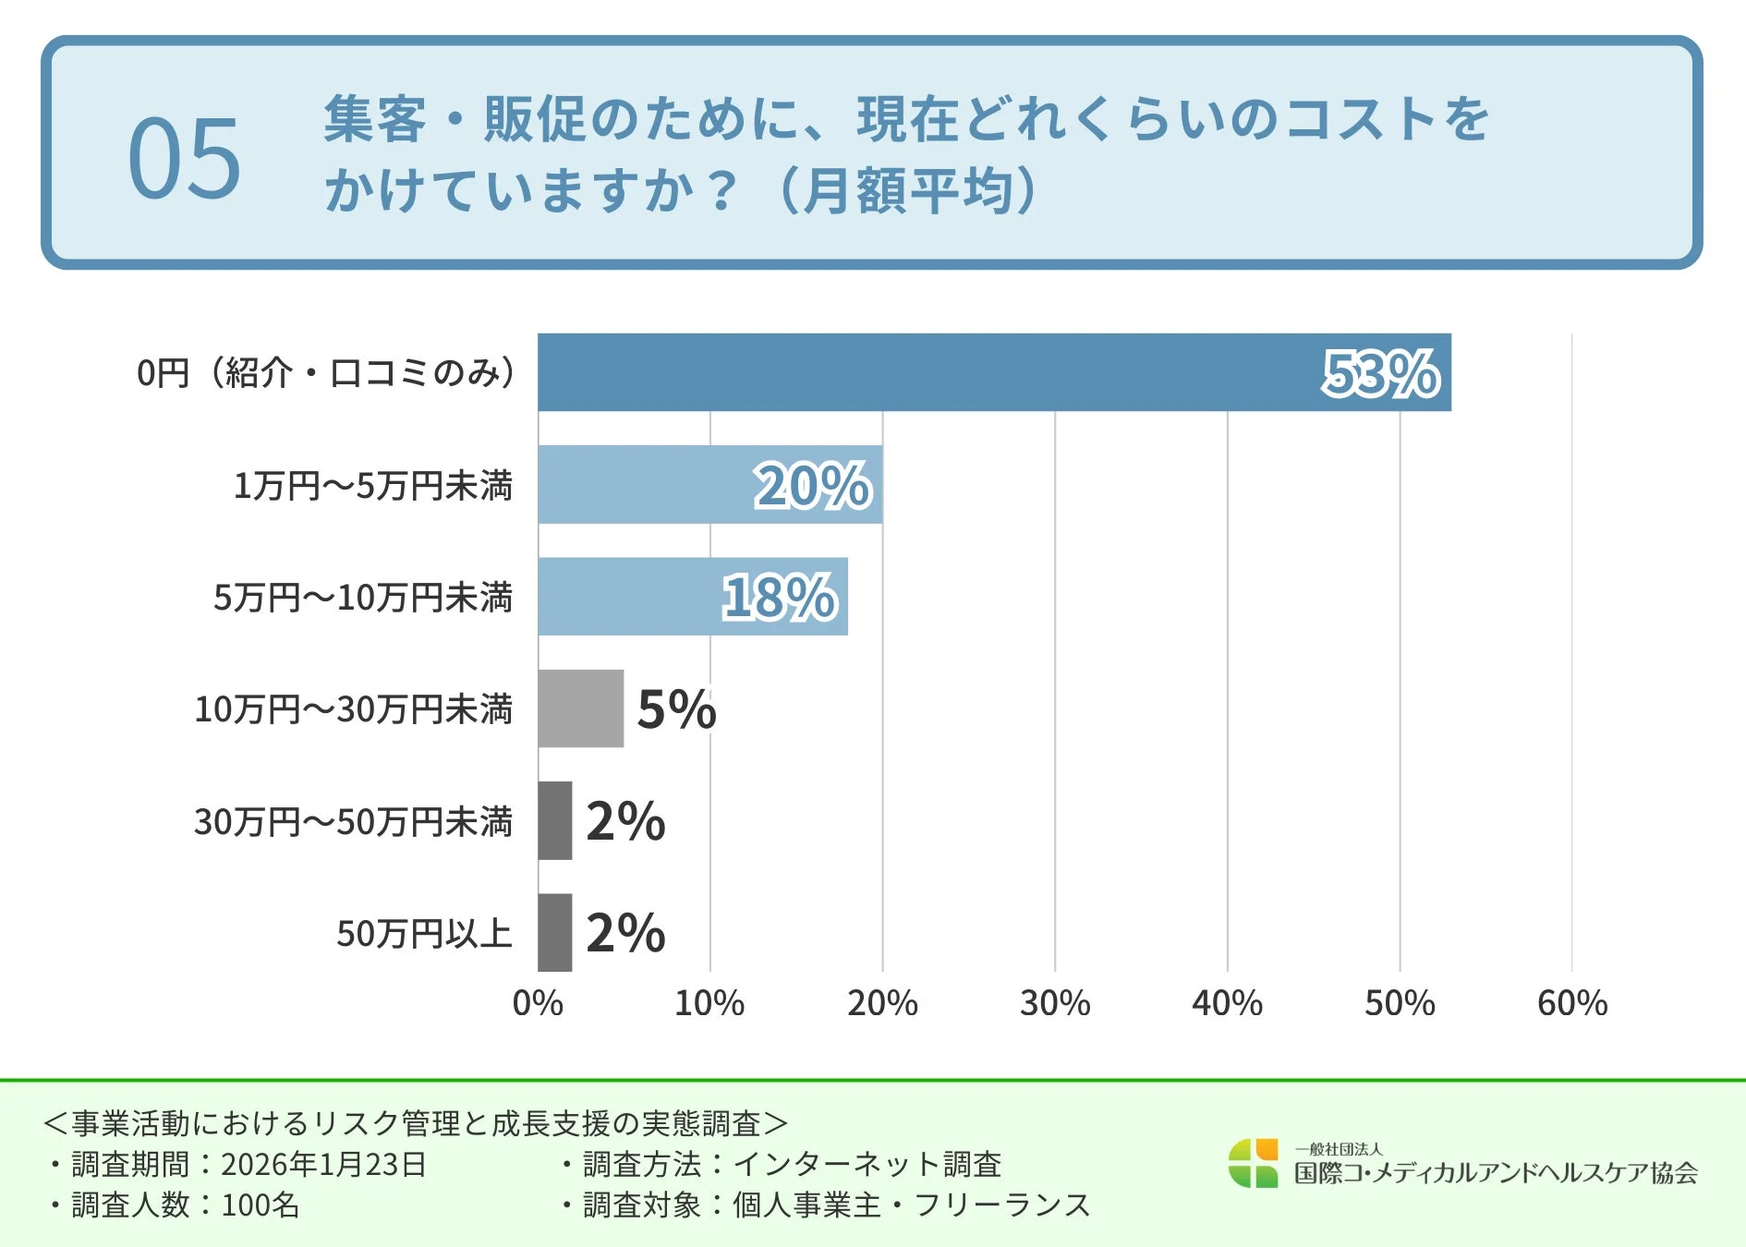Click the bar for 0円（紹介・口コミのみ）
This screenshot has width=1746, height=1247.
pyautogui.click(x=924, y=372)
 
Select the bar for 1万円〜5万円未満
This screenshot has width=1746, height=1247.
pyautogui.click(x=647, y=485)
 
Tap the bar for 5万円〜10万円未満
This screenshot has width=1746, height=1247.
pyautogui.click(x=628, y=597)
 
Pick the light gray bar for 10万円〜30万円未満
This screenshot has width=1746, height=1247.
pyautogui.click(x=580, y=708)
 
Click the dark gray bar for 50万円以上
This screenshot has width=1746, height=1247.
pyautogui.click(x=554, y=933)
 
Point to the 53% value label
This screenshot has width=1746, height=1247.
pyautogui.click(x=1380, y=373)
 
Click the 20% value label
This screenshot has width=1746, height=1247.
pyautogui.click(x=813, y=486)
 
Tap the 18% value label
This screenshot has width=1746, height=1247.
pyautogui.click(x=780, y=598)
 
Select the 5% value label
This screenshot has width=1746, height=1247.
pyautogui.click(x=676, y=709)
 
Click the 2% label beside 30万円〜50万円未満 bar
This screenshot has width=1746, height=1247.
pyautogui.click(x=625, y=821)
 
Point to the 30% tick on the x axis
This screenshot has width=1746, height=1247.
pyautogui.click(x=1054, y=1003)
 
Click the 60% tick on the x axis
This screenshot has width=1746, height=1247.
pyautogui.click(x=1571, y=1003)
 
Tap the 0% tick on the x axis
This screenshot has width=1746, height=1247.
pyautogui.click(x=538, y=1003)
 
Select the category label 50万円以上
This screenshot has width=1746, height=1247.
pyautogui.click(x=424, y=934)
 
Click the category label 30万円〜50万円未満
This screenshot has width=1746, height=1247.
pyautogui.click(x=353, y=822)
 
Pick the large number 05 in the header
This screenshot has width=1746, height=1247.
pyautogui.click(x=184, y=158)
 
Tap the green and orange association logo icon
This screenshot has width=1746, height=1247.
pyautogui.click(x=1253, y=1164)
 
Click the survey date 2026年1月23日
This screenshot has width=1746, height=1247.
pyautogui.click(x=323, y=1164)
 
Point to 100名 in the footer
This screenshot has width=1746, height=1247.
pyautogui.click(x=261, y=1205)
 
